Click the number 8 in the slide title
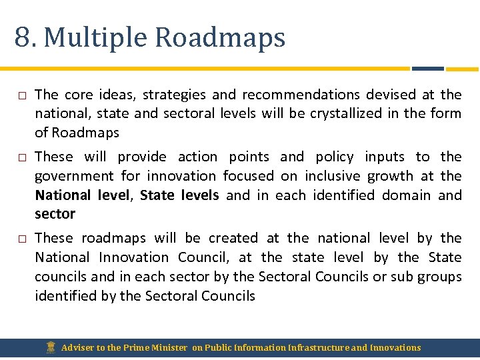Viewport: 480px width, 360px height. (22, 37)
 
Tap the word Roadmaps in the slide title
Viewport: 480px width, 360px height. (220, 38)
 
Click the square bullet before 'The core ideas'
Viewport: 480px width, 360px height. (22, 95)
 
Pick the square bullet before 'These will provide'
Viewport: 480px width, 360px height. (22, 157)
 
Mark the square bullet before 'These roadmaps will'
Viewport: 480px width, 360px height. (22, 239)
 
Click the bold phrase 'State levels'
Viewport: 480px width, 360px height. (179, 195)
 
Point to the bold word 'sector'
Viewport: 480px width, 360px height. (55, 214)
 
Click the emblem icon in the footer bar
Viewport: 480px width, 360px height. (51, 347)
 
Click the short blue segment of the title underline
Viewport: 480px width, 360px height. (427, 68)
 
